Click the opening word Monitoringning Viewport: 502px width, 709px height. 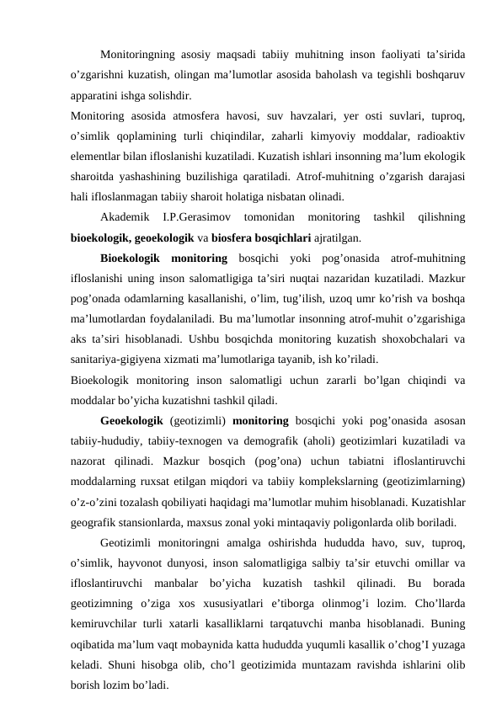[140, 56]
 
